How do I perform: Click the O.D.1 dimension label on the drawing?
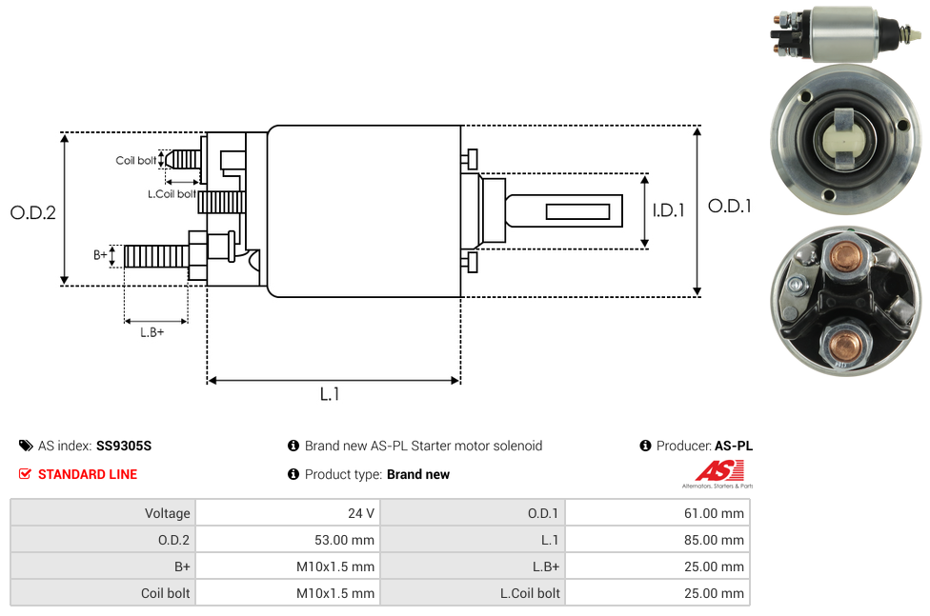point(730,206)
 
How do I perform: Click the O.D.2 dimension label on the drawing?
point(33,212)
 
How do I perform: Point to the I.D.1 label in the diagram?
point(668,211)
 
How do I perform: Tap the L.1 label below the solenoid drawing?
point(330,394)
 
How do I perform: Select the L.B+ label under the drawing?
point(152,332)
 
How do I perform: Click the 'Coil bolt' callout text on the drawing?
point(136,161)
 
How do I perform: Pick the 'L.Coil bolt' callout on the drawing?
point(172,194)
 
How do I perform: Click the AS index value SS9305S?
point(124,446)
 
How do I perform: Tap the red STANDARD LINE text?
point(88,474)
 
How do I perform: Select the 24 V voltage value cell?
point(361,513)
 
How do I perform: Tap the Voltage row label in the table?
point(168,513)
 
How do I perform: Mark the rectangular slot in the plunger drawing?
point(578,210)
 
